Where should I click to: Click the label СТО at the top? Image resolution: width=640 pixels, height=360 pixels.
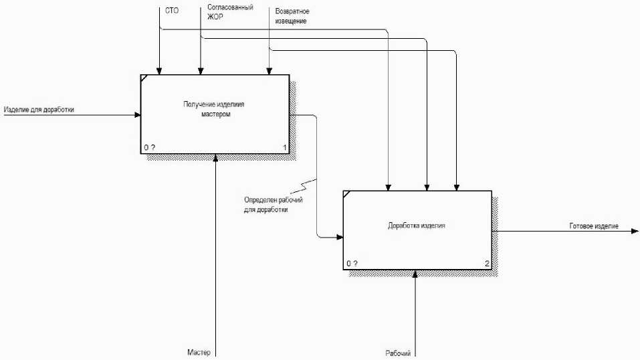click(x=172, y=11)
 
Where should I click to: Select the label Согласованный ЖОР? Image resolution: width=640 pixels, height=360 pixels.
click(x=230, y=11)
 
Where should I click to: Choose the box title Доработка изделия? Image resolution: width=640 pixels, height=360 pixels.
click(x=416, y=226)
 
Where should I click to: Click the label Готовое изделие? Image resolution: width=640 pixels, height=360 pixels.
click(x=594, y=226)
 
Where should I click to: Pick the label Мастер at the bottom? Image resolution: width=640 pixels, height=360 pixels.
click(x=199, y=352)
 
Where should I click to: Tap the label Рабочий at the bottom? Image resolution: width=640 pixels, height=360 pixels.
click(x=397, y=353)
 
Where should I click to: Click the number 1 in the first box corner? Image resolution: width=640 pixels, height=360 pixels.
click(x=285, y=147)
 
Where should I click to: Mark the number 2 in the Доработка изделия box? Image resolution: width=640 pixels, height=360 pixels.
click(x=488, y=264)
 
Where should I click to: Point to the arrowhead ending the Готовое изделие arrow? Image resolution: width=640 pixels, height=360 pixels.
click(x=635, y=232)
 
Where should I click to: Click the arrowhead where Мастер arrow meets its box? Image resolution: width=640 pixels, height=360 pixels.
click(x=215, y=157)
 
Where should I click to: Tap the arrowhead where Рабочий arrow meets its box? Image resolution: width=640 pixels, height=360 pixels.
click(x=416, y=274)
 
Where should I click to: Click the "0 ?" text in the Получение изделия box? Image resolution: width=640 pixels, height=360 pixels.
click(x=149, y=147)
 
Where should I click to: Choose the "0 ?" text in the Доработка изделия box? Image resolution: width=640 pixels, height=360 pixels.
click(x=352, y=264)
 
